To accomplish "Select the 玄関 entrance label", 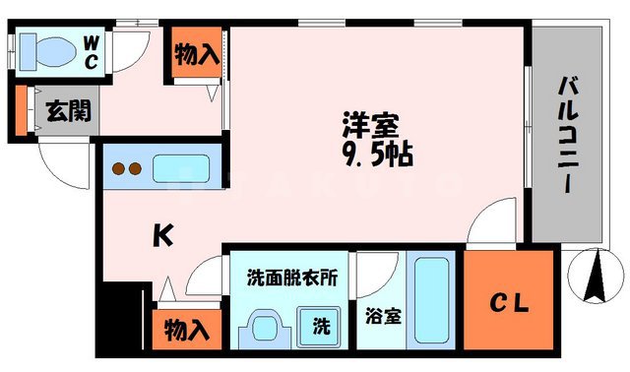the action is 68,108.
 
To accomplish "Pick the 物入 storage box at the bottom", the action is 186,329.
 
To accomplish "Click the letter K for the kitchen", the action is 162,235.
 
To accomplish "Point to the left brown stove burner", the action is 116,168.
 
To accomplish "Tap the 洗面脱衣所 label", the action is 291,279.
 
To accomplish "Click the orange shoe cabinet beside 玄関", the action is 21,109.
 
